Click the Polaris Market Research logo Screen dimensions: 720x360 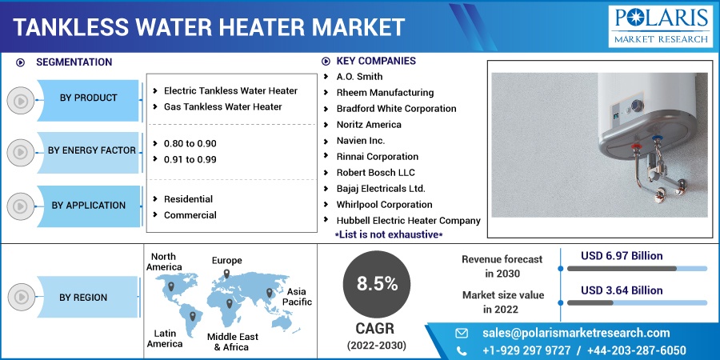660,26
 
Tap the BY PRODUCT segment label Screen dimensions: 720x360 88,98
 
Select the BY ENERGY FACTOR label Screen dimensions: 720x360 92,150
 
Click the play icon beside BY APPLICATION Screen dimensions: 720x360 21,206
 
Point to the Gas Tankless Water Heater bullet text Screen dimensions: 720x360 222,106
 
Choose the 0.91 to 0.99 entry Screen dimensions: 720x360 190,159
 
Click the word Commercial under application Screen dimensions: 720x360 190,215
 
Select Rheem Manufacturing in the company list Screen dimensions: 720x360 385,93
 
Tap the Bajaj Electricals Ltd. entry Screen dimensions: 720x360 381,189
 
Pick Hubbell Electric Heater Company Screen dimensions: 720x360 408,221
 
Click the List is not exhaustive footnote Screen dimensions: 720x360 389,234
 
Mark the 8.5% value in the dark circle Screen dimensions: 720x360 377,285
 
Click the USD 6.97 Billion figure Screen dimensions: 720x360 622,256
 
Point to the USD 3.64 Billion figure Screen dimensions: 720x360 622,290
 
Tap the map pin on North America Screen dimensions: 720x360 171,286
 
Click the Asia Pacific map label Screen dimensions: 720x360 297,297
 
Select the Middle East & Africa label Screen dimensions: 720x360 232,342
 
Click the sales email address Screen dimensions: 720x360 576,333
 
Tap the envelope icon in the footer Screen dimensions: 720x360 462,333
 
